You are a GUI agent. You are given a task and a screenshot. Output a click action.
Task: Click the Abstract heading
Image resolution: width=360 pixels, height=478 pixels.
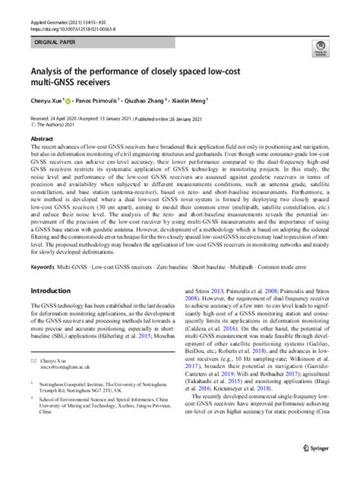tap(42, 139)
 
